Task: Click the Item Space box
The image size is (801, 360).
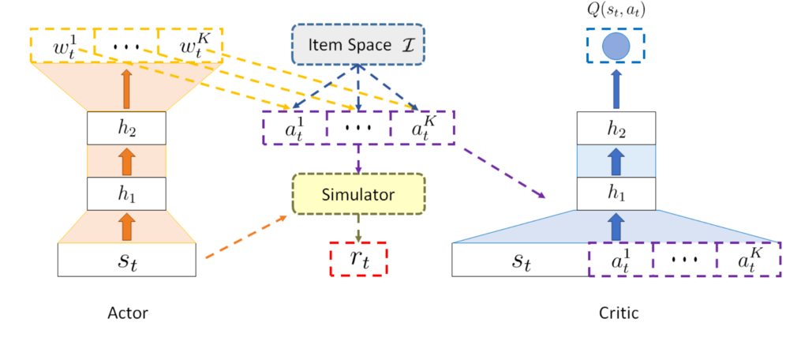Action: [x=358, y=45]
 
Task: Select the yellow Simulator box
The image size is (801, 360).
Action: [x=358, y=193]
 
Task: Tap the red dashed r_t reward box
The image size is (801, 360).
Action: [x=358, y=258]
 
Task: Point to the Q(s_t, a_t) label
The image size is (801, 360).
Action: [x=614, y=12]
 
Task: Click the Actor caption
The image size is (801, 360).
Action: [x=127, y=313]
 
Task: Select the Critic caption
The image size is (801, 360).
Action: [x=618, y=313]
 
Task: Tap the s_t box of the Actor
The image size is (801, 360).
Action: [x=127, y=260]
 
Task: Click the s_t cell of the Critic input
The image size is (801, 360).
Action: [x=521, y=260]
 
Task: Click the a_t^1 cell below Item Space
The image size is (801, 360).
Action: [x=294, y=129]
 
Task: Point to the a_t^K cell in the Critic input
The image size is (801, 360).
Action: [x=747, y=260]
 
